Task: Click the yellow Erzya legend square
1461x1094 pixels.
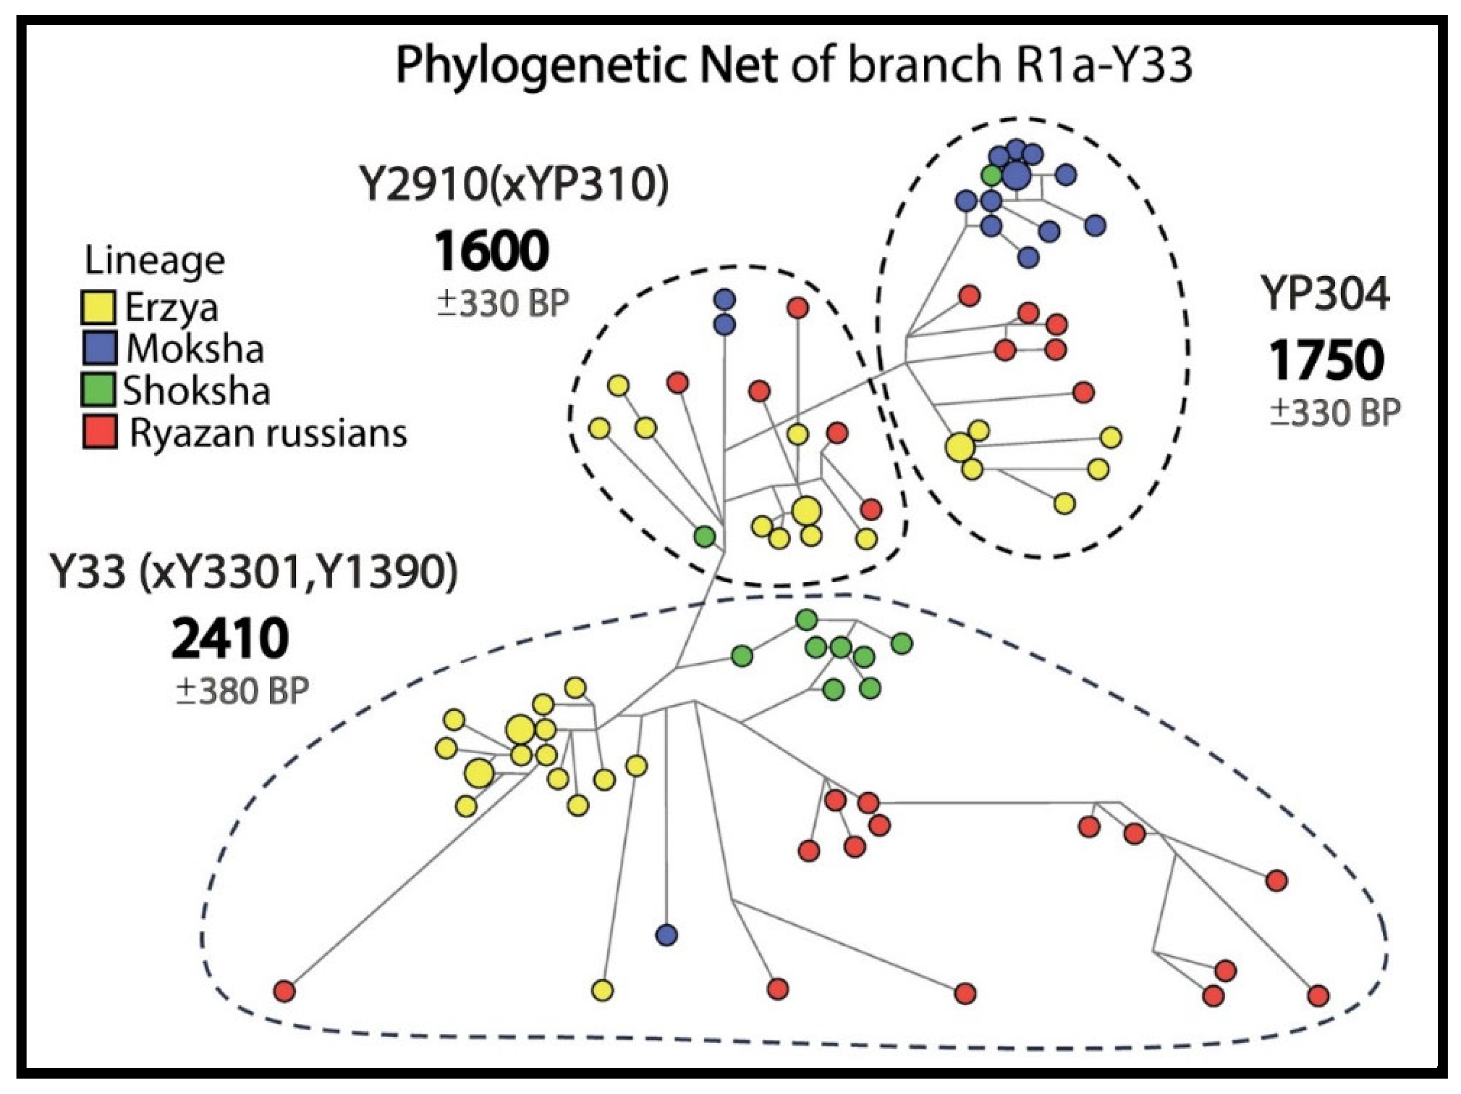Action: coord(99,307)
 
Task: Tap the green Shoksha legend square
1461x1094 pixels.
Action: coord(99,390)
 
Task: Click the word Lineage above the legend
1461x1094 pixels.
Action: coord(155,261)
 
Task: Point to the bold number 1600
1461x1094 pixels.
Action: coord(491,252)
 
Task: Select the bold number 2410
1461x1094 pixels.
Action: coord(230,640)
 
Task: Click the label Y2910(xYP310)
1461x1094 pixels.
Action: coord(513,184)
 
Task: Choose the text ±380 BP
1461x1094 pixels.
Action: coord(242,692)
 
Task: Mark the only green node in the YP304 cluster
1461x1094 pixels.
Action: coord(991,175)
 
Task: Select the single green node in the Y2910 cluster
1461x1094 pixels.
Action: coord(705,536)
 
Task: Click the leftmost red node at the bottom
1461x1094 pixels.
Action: coord(285,991)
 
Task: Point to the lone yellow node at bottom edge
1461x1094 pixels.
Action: coord(602,990)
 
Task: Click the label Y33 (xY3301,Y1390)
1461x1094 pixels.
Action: coord(253,572)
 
